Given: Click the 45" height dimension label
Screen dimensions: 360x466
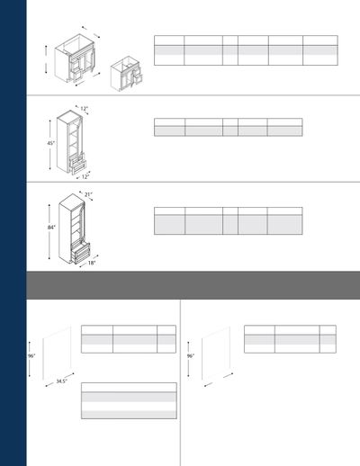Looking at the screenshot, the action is point(50,143).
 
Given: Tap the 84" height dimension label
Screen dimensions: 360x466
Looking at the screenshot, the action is point(51,228).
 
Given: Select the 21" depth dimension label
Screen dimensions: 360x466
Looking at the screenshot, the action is point(88,194).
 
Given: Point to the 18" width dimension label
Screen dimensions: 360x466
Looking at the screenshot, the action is point(92,263).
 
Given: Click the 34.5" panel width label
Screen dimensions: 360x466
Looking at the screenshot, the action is point(61,381).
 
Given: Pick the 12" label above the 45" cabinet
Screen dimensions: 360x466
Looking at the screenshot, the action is point(84,109).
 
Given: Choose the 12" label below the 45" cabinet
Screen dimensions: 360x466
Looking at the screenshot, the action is point(85,177).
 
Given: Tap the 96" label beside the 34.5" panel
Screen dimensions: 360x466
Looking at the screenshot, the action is point(31,356).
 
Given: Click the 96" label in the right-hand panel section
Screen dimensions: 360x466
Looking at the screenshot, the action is point(191,356).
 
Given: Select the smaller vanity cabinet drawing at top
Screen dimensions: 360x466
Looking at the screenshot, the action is point(126,75).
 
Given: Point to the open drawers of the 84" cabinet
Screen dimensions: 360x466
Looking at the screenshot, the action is point(80,252).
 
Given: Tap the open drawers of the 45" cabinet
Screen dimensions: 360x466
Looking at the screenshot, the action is point(77,164).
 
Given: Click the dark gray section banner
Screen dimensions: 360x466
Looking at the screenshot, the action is point(193,285).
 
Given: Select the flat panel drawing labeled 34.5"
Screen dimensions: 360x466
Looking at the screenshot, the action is point(57,353).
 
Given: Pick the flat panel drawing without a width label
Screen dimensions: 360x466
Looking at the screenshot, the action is point(216,353).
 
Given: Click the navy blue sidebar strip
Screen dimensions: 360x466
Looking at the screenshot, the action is point(13,233).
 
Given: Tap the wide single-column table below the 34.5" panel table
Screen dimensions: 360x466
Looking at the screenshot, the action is point(129,400).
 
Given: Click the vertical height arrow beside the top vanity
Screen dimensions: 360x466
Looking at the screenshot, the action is point(46,59).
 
